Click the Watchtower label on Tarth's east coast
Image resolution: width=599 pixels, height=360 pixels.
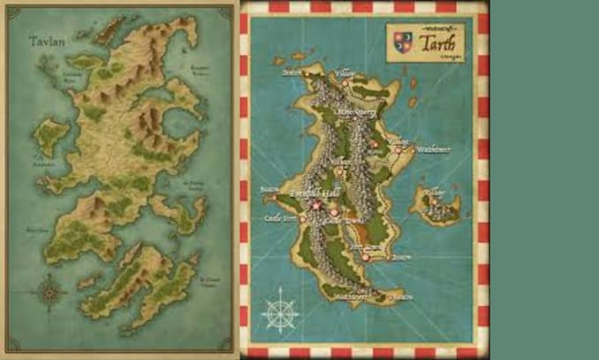(x=433, y=150)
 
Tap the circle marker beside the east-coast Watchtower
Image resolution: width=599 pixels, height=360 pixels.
(x=410, y=151)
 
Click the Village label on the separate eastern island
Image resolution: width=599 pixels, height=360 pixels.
(x=435, y=190)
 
